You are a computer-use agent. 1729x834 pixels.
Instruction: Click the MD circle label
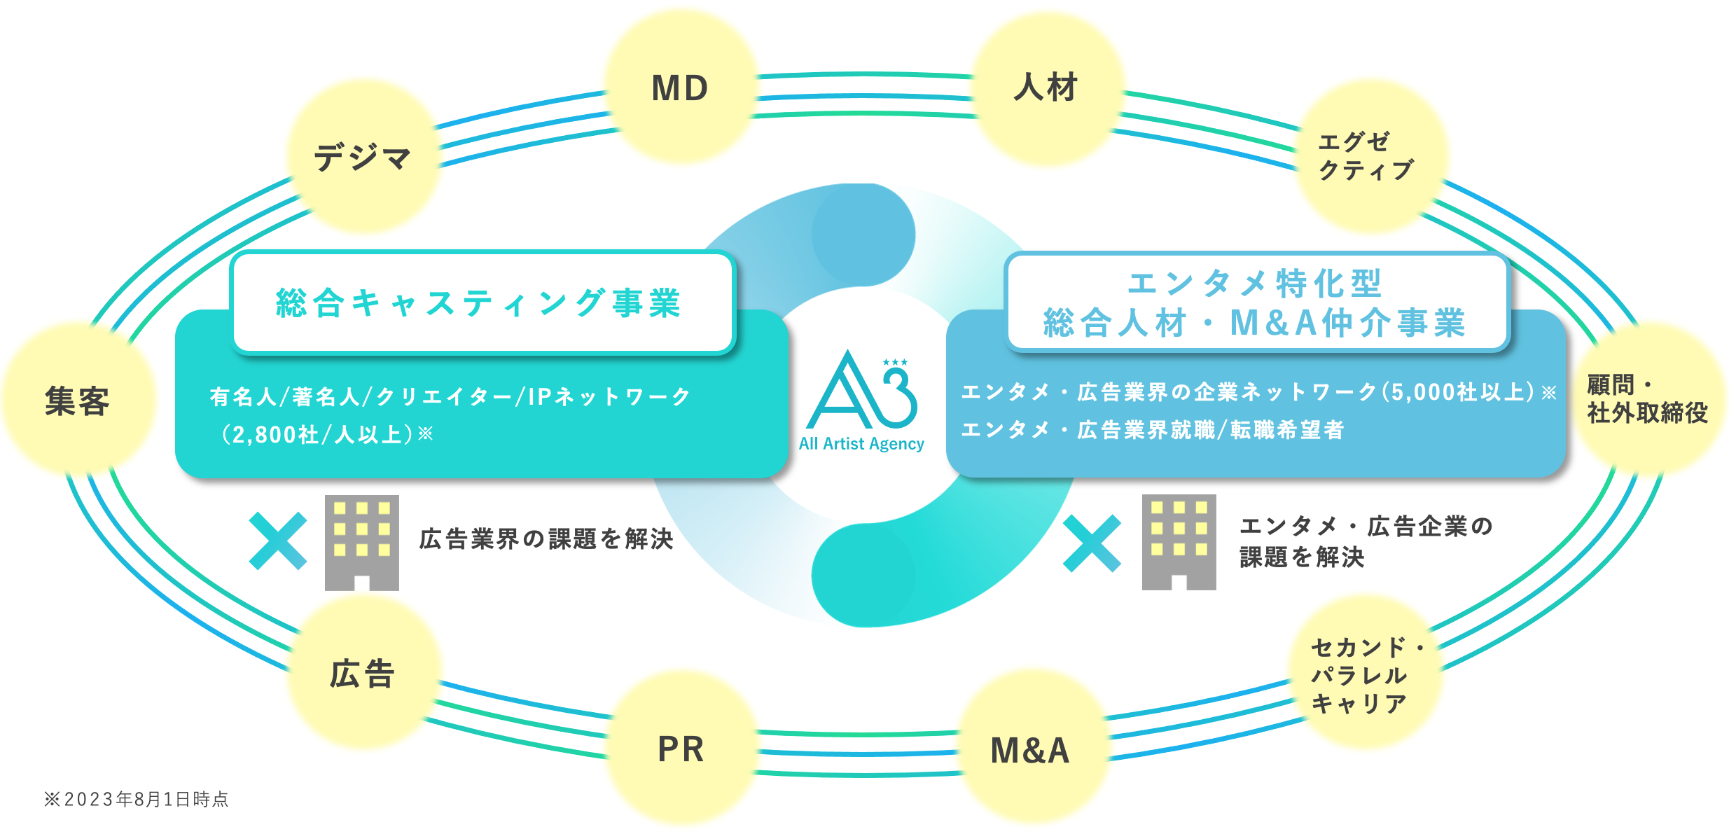pyautogui.click(x=680, y=88)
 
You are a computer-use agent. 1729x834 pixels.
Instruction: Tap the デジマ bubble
pyautogui.click(x=362, y=157)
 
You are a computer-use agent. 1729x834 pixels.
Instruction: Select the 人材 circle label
pyautogui.click(x=1046, y=88)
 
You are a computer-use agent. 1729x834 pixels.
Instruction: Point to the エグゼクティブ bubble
pyautogui.click(x=1366, y=156)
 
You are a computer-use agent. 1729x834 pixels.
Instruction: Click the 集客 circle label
pyautogui.click(x=77, y=401)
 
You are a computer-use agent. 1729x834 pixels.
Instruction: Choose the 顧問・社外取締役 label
pyautogui.click(x=1647, y=399)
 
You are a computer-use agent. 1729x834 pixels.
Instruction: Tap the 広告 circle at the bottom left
pyautogui.click(x=362, y=674)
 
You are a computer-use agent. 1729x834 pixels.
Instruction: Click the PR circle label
pyautogui.click(x=681, y=749)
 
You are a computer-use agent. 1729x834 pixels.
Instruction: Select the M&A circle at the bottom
pyautogui.click(x=1029, y=751)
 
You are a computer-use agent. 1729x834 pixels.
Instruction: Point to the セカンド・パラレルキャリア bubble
pyautogui.click(x=1362, y=675)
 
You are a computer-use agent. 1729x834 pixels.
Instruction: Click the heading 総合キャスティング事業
pyautogui.click(x=479, y=303)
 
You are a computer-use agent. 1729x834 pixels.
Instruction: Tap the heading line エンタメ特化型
pyautogui.click(x=1255, y=284)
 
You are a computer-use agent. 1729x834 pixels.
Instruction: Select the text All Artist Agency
pyautogui.click(x=861, y=444)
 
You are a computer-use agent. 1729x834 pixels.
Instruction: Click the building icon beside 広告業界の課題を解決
pyautogui.click(x=361, y=543)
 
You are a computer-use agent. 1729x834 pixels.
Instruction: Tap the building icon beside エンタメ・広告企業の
pyautogui.click(x=1179, y=542)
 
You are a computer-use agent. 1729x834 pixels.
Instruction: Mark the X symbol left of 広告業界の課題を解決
pyautogui.click(x=278, y=541)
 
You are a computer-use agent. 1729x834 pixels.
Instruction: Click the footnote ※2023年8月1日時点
pyautogui.click(x=137, y=799)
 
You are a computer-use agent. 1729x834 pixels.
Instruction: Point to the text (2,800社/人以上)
pyautogui.click(x=322, y=435)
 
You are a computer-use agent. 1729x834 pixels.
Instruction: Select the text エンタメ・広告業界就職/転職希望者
pyautogui.click(x=1153, y=429)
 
